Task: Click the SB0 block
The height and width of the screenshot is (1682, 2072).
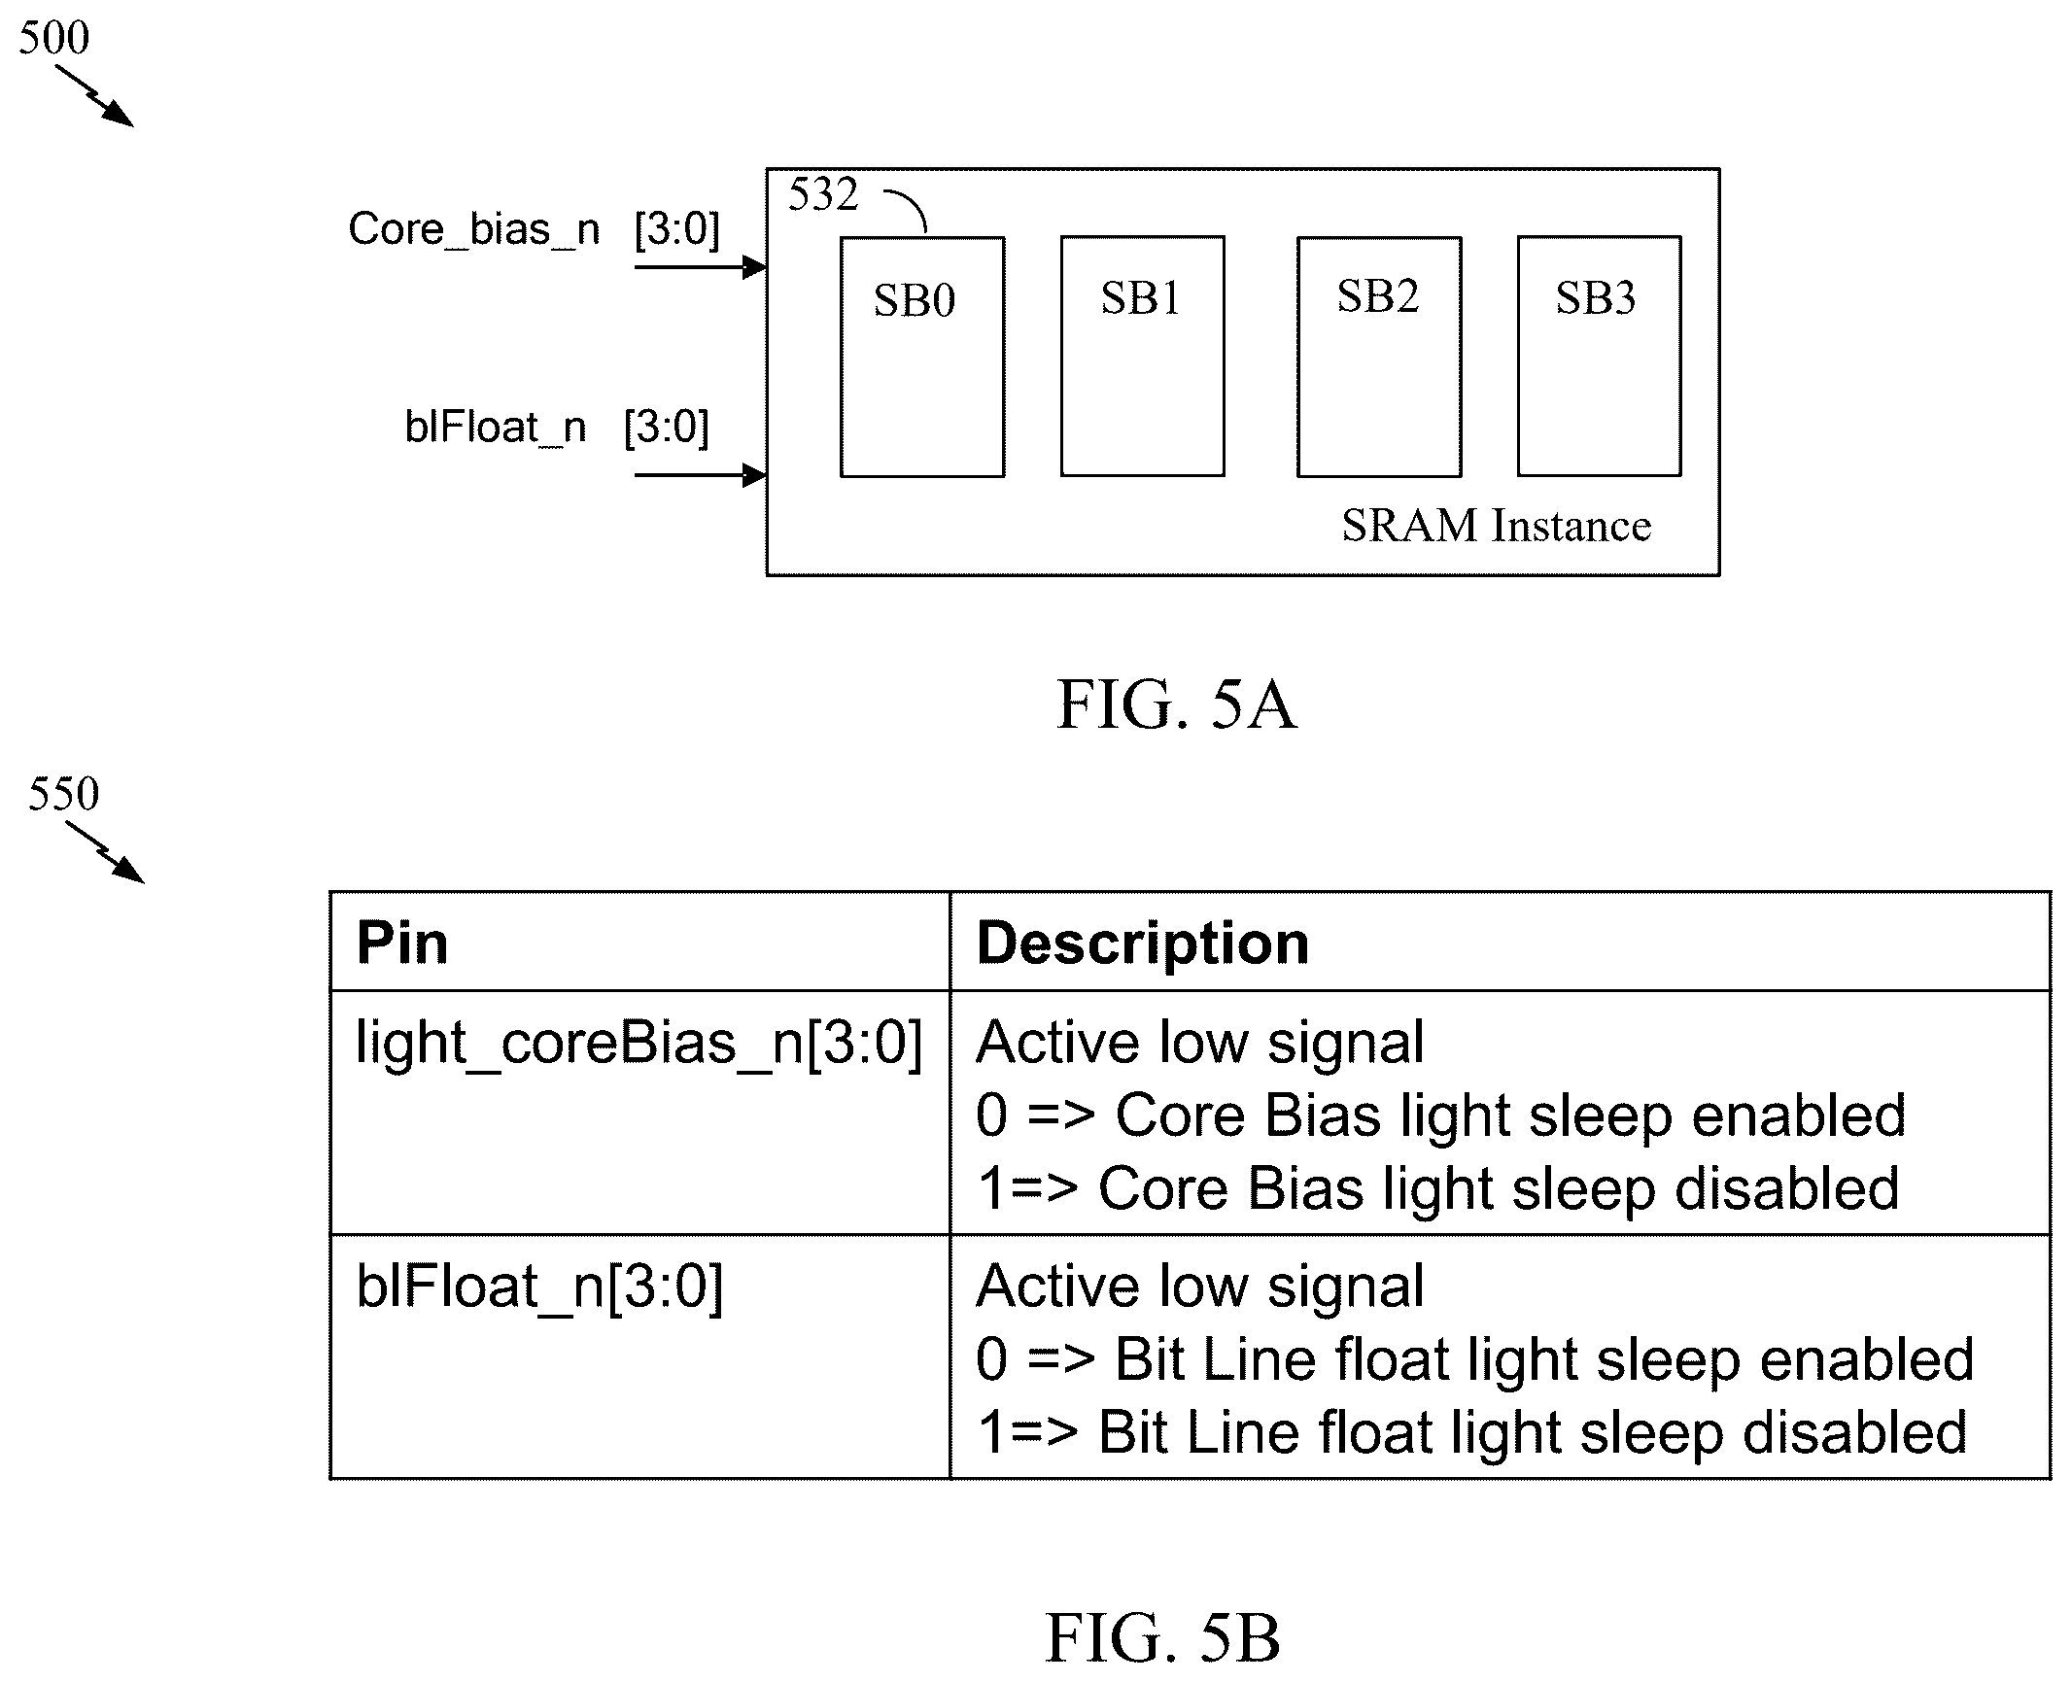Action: click(x=922, y=357)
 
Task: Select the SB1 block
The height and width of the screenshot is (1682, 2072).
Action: click(x=1142, y=356)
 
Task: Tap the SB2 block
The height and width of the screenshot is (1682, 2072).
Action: click(x=1379, y=357)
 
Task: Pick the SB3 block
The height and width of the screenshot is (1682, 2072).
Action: click(x=1600, y=356)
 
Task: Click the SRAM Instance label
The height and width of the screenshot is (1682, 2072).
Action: click(x=1496, y=526)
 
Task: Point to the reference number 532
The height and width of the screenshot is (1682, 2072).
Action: click(x=823, y=194)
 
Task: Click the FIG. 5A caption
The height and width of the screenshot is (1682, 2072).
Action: click(x=1176, y=704)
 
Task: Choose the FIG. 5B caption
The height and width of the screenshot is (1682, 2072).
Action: click(x=1162, y=1637)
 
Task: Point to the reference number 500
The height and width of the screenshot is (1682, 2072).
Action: click(x=53, y=38)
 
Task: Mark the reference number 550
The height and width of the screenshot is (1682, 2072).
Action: click(x=63, y=794)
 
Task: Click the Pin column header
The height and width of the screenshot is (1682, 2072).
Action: click(x=402, y=943)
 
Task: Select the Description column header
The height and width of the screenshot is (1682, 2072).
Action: click(x=1143, y=943)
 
